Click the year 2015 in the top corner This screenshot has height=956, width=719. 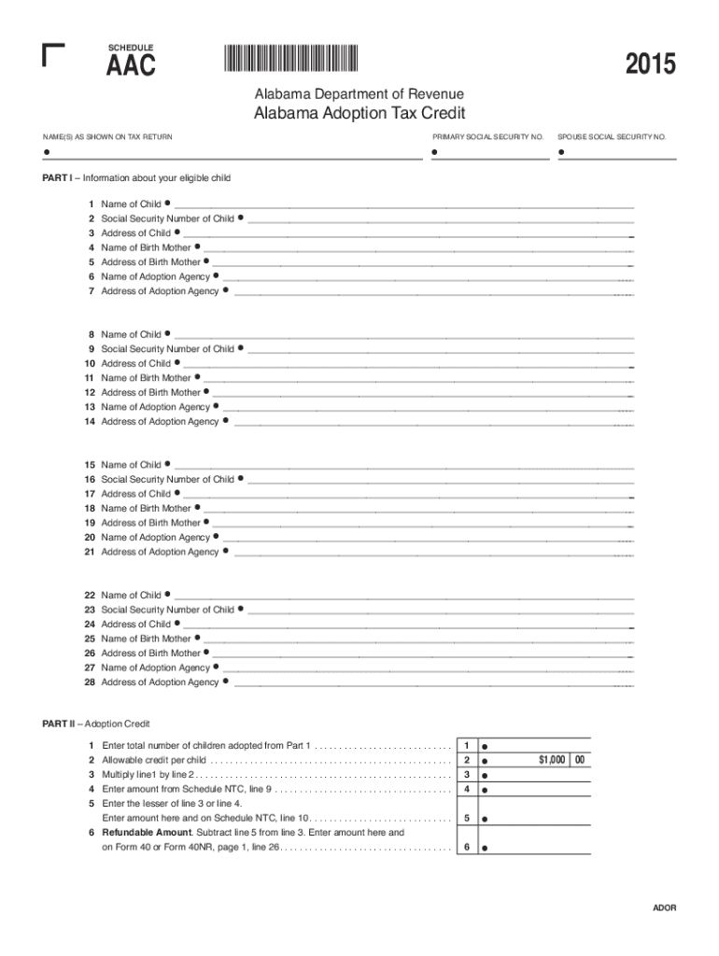650,65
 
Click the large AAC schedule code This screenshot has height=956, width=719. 131,66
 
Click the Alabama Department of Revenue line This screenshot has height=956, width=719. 359,94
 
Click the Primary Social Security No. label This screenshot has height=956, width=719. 487,137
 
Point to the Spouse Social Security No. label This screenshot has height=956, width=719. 612,137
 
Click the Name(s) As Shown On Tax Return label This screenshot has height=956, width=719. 107,137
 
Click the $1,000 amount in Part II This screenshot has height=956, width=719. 551,760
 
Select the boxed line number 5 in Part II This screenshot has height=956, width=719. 466,819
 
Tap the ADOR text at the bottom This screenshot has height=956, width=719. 664,908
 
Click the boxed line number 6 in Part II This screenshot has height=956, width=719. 466,848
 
